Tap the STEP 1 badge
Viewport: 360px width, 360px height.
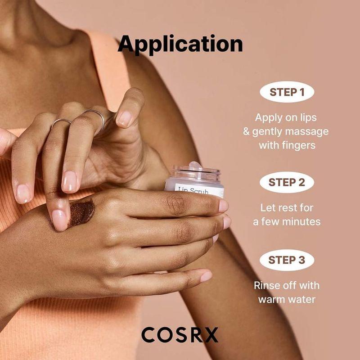click(x=287, y=92)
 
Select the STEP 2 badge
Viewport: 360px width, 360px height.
click(x=287, y=182)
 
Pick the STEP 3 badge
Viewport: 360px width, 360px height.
click(x=287, y=260)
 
